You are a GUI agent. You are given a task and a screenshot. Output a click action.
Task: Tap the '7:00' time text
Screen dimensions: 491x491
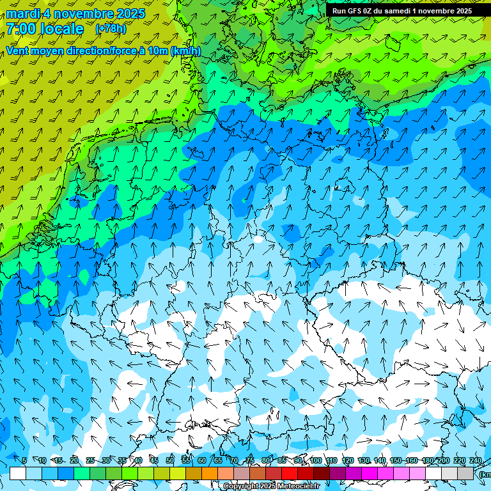point(21,29)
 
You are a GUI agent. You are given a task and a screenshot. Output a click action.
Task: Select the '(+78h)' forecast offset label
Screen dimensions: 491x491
point(111,29)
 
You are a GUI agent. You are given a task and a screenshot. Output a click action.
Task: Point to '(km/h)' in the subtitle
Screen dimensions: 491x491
point(185,51)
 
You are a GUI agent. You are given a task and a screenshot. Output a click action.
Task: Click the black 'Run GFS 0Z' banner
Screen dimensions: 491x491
point(401,10)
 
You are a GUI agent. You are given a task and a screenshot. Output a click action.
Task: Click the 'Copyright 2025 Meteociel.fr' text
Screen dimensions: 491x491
point(271,487)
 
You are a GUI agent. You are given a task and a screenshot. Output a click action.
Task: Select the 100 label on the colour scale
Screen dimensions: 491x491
point(315,460)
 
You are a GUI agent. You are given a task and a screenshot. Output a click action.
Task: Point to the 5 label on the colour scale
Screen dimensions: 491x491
point(24,460)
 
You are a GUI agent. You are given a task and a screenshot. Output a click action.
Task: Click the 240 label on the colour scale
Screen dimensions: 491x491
point(476,460)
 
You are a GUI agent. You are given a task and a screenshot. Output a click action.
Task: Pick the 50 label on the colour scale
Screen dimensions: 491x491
point(169,460)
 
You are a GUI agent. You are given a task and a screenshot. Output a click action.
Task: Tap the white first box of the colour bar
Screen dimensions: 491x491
point(18,473)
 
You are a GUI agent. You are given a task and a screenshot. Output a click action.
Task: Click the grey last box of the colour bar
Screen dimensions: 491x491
point(465,473)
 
